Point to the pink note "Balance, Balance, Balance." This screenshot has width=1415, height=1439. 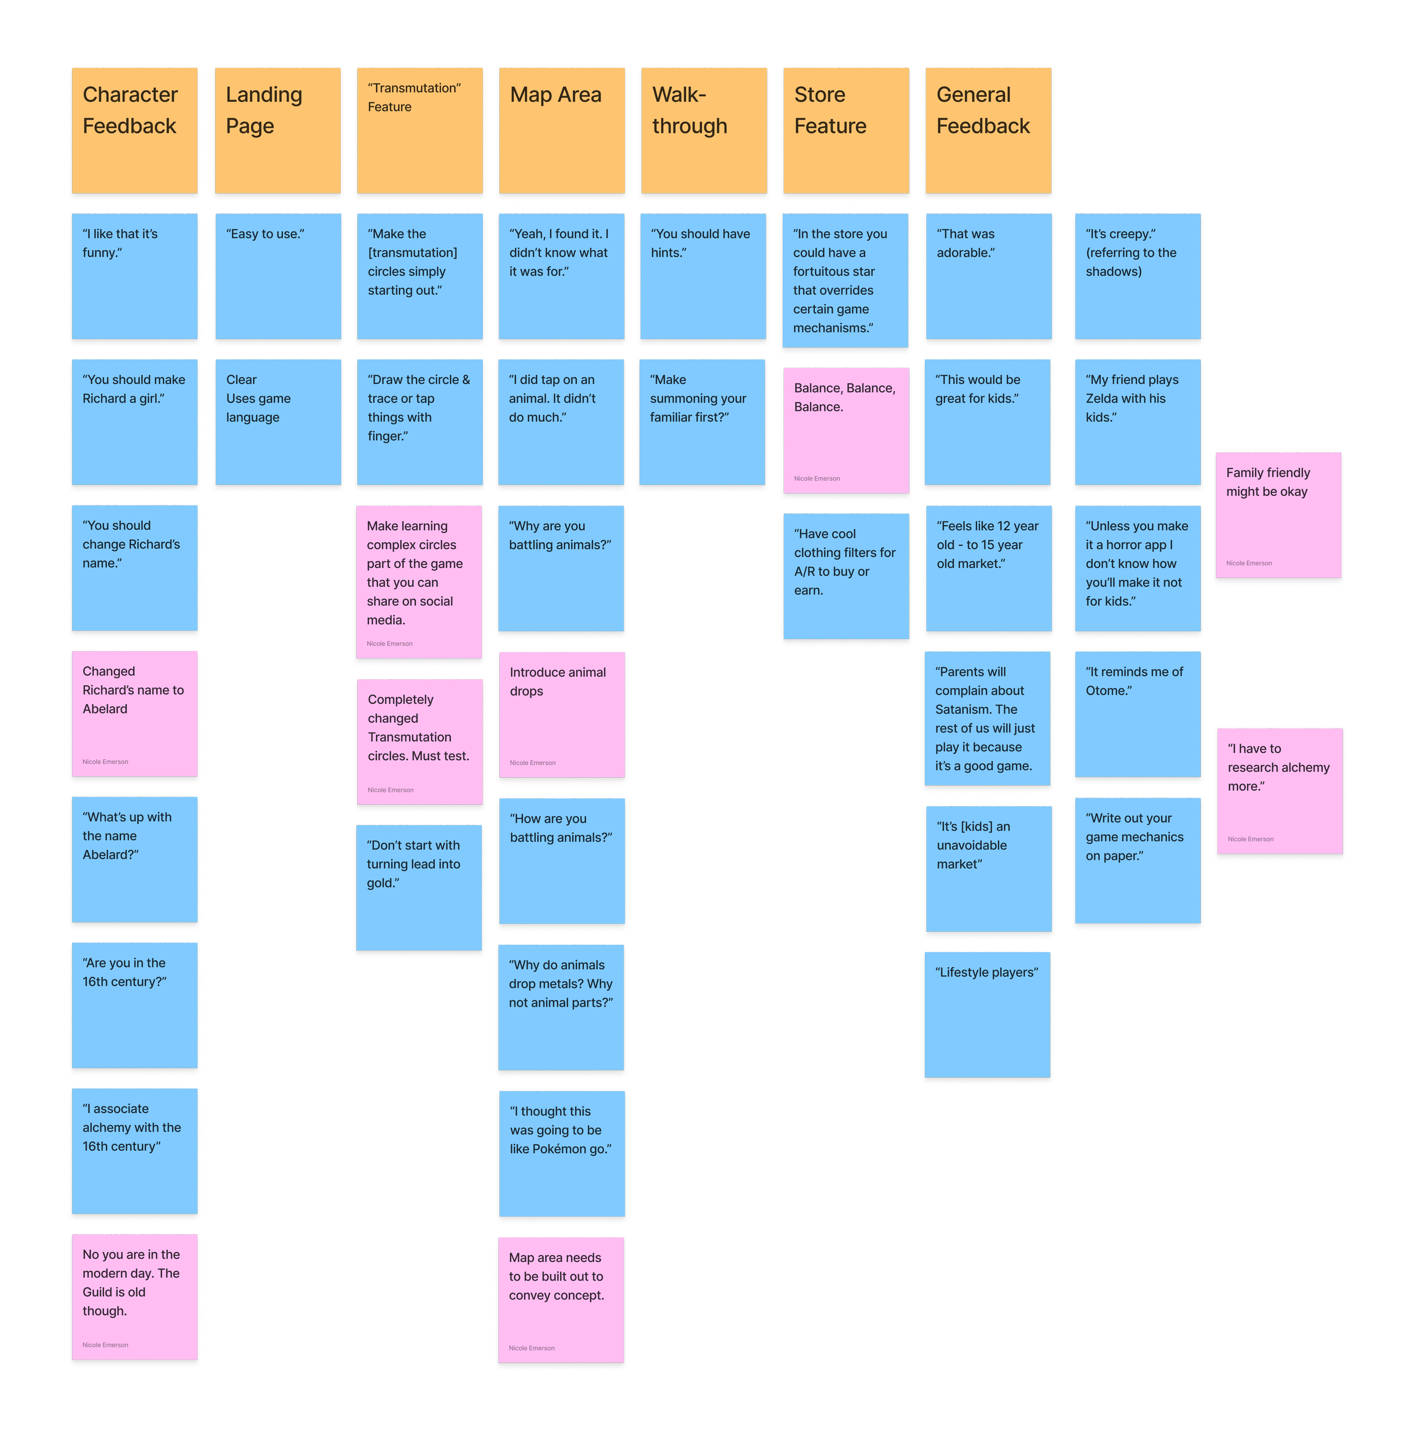coord(846,430)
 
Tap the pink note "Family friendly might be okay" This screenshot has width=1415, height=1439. coord(1277,515)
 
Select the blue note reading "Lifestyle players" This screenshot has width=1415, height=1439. coord(987,1014)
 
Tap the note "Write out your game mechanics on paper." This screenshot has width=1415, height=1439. coord(1137,860)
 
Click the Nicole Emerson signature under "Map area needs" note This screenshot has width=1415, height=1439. coord(531,1347)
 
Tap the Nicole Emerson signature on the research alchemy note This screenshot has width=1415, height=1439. coord(1250,839)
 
